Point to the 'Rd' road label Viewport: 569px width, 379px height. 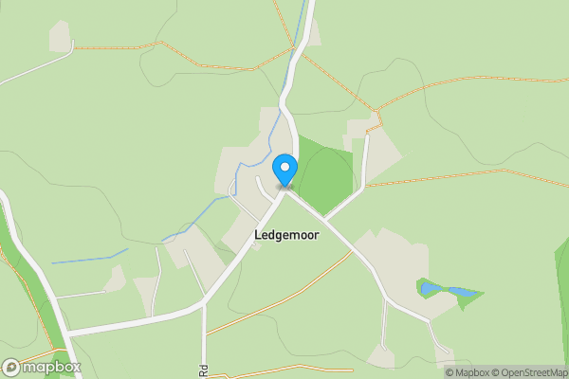pyautogui.click(x=203, y=370)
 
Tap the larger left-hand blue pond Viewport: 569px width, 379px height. pyautogui.click(x=430, y=286)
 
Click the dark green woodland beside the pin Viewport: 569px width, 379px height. pyautogui.click(x=322, y=175)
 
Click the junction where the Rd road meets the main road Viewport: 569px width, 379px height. pyautogui.click(x=204, y=304)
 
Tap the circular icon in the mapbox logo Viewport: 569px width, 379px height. pyautogui.click(x=11, y=367)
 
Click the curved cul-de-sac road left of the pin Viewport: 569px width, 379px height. pyautogui.click(x=262, y=186)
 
